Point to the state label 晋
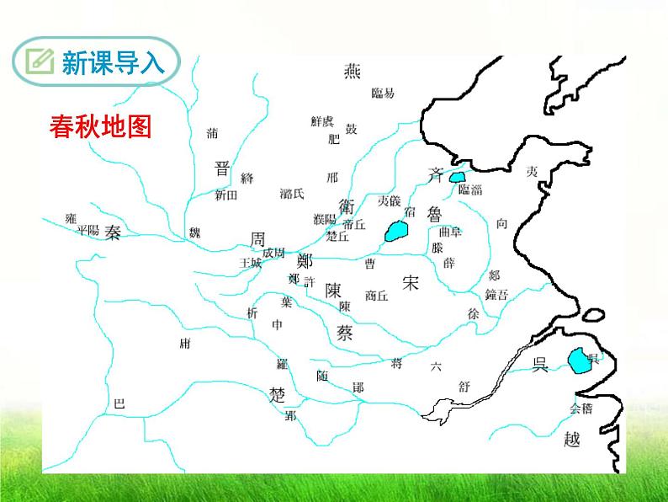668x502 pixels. click(222, 167)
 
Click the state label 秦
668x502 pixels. click(114, 233)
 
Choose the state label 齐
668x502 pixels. click(435, 175)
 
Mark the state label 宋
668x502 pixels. click(410, 282)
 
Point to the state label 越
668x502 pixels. click(573, 438)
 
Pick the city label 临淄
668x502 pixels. click(469, 190)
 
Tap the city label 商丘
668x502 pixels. click(377, 296)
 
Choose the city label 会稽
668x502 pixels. click(581, 409)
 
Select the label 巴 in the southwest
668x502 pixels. click(119, 404)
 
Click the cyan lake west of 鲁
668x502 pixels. click(394, 231)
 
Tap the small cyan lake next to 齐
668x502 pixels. click(457, 177)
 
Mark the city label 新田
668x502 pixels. click(226, 195)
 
